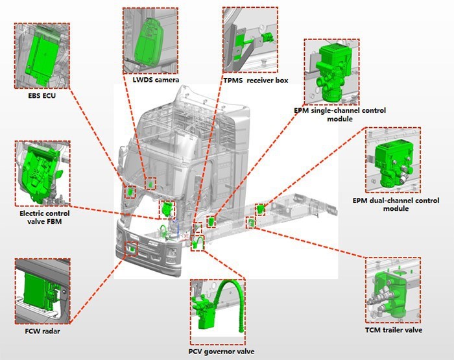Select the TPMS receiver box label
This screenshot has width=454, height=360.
click(255, 80)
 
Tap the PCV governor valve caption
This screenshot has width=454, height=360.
click(218, 352)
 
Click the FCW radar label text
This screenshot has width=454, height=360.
click(39, 331)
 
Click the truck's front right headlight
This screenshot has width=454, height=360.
click(171, 250)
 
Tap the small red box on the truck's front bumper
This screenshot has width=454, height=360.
click(131, 248)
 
